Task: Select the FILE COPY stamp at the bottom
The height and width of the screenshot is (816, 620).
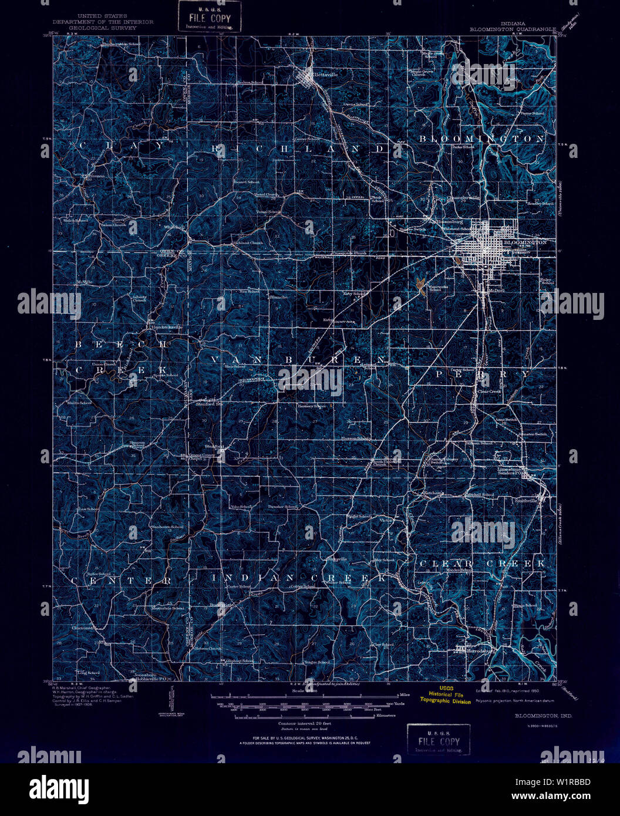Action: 439,740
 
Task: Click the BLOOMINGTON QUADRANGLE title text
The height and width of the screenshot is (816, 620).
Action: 511,28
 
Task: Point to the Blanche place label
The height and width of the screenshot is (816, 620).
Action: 278,297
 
